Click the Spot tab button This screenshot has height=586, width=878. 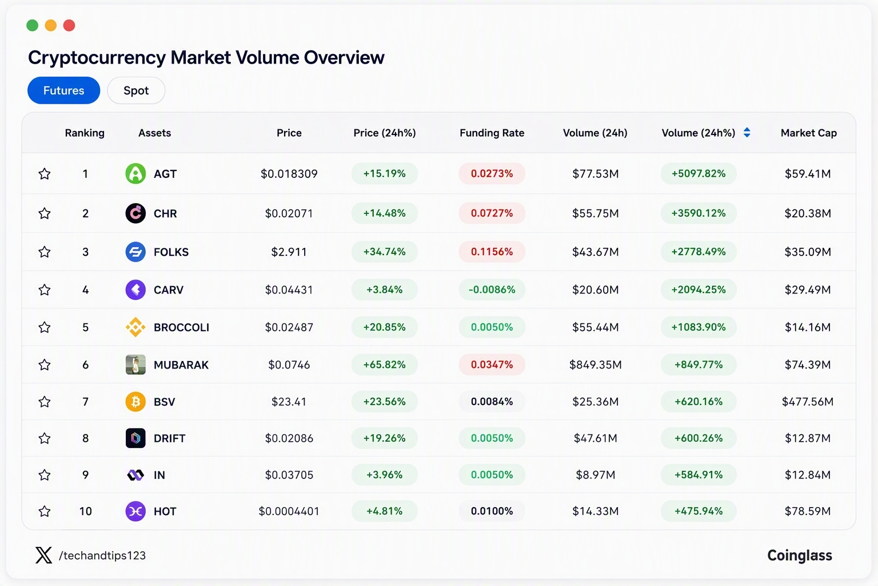click(x=136, y=90)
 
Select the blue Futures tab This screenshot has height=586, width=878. click(x=63, y=90)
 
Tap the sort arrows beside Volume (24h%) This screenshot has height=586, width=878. click(x=747, y=133)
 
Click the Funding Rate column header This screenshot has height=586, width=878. click(x=492, y=133)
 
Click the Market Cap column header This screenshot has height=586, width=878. click(x=809, y=133)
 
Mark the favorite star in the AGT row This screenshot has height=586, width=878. click(x=44, y=173)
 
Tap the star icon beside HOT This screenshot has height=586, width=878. click(x=44, y=511)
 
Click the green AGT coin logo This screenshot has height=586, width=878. click(x=135, y=173)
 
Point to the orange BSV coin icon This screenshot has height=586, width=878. click(x=135, y=402)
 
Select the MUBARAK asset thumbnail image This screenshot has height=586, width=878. click(x=135, y=365)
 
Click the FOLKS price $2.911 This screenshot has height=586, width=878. click(x=289, y=252)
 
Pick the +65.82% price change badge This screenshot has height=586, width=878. click(x=385, y=365)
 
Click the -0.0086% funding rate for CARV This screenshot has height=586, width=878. click(x=492, y=290)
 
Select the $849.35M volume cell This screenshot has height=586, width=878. click(x=596, y=365)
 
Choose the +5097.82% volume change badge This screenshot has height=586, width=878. click(x=699, y=173)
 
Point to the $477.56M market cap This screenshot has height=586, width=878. click(x=808, y=402)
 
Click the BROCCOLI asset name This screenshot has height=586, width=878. click(x=181, y=327)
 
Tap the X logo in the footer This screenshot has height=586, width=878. click(x=43, y=555)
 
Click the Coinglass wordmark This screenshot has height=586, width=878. click(x=800, y=556)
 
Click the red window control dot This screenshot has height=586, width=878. click(x=69, y=26)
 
